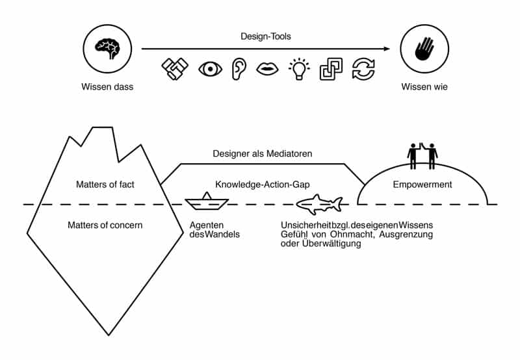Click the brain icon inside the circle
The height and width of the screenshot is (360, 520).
pyautogui.click(x=108, y=48)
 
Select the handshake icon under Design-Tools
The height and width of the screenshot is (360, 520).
pyautogui.click(x=175, y=70)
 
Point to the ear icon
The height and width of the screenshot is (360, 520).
pyautogui.click(x=239, y=70)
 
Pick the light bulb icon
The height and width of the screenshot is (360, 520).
pyautogui.click(x=299, y=69)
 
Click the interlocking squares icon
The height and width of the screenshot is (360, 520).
pyautogui.click(x=331, y=70)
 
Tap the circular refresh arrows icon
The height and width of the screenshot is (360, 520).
pyautogui.click(x=363, y=70)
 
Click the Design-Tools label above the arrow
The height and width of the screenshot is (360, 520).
pyautogui.click(x=267, y=37)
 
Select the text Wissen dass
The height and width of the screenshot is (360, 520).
pyautogui.click(x=107, y=87)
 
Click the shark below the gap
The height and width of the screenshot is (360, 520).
pyautogui.click(x=318, y=204)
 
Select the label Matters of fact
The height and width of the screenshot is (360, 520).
pyautogui.click(x=105, y=185)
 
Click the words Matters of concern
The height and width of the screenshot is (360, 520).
pyautogui.click(x=104, y=225)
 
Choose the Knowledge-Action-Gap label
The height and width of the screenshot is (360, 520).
pyautogui.click(x=262, y=185)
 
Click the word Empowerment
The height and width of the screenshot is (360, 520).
pyautogui.click(x=422, y=185)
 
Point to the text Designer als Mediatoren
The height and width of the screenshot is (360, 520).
pyautogui.click(x=263, y=154)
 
